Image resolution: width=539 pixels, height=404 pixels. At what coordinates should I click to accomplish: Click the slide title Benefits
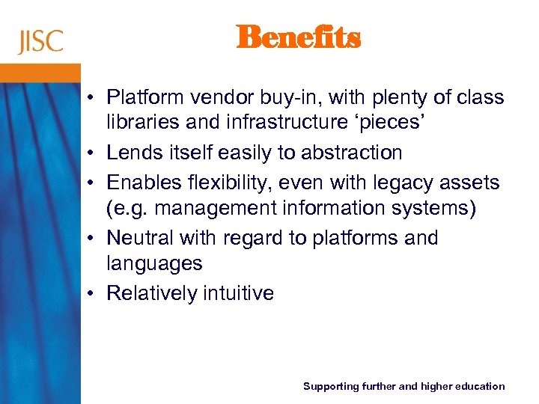[x=298, y=37]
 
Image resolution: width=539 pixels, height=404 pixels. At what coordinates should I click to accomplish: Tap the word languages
[x=154, y=264]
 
